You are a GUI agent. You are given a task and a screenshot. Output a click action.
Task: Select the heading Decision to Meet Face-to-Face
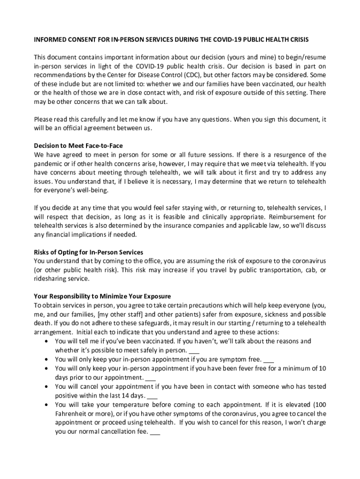click(78, 146)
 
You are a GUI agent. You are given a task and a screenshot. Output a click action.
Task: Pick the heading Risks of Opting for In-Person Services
click(88, 252)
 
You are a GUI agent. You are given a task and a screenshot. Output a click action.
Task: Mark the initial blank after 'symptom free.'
click(268, 359)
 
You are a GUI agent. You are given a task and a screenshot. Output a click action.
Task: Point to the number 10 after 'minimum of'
click(322, 368)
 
